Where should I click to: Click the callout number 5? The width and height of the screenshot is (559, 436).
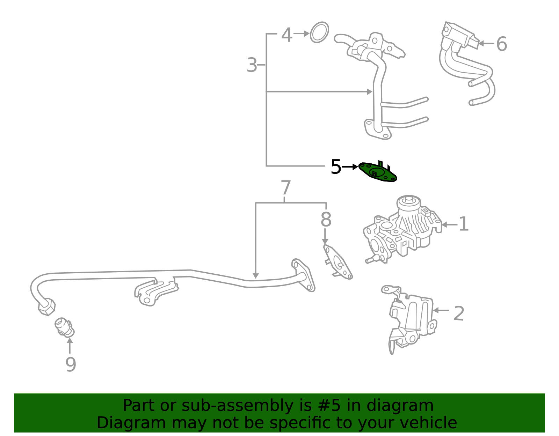[335, 167]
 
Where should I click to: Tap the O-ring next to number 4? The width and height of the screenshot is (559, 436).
[319, 32]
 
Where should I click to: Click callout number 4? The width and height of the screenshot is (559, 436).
[287, 35]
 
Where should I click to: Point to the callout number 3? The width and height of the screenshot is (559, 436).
[252, 65]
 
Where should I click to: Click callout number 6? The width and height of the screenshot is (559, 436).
[501, 44]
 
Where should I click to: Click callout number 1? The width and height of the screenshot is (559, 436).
[463, 224]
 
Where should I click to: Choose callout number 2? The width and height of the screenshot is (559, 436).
[458, 313]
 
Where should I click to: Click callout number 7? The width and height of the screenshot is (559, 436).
[286, 188]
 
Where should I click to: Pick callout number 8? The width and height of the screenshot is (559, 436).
[326, 220]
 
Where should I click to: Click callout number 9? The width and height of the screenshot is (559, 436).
[71, 364]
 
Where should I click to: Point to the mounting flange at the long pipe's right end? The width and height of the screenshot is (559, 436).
[303, 275]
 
